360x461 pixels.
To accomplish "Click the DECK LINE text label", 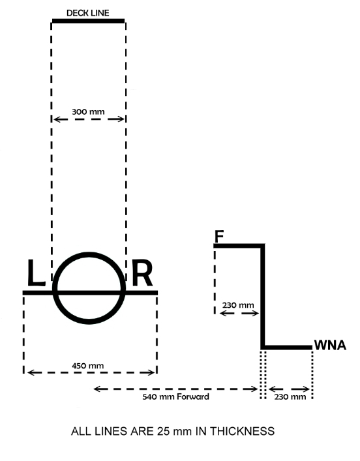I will [x=88, y=12].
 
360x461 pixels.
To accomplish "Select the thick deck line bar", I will [x=88, y=21].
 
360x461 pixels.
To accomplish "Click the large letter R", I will [x=142, y=275].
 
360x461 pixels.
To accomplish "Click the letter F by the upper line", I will [x=220, y=236].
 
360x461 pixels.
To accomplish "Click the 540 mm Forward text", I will [x=176, y=396].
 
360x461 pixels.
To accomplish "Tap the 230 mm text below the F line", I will [x=237, y=305].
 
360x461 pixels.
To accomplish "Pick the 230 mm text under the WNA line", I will [x=290, y=396].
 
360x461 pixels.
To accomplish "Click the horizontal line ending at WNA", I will [x=288, y=348].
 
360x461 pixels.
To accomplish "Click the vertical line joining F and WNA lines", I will [x=263, y=297].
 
